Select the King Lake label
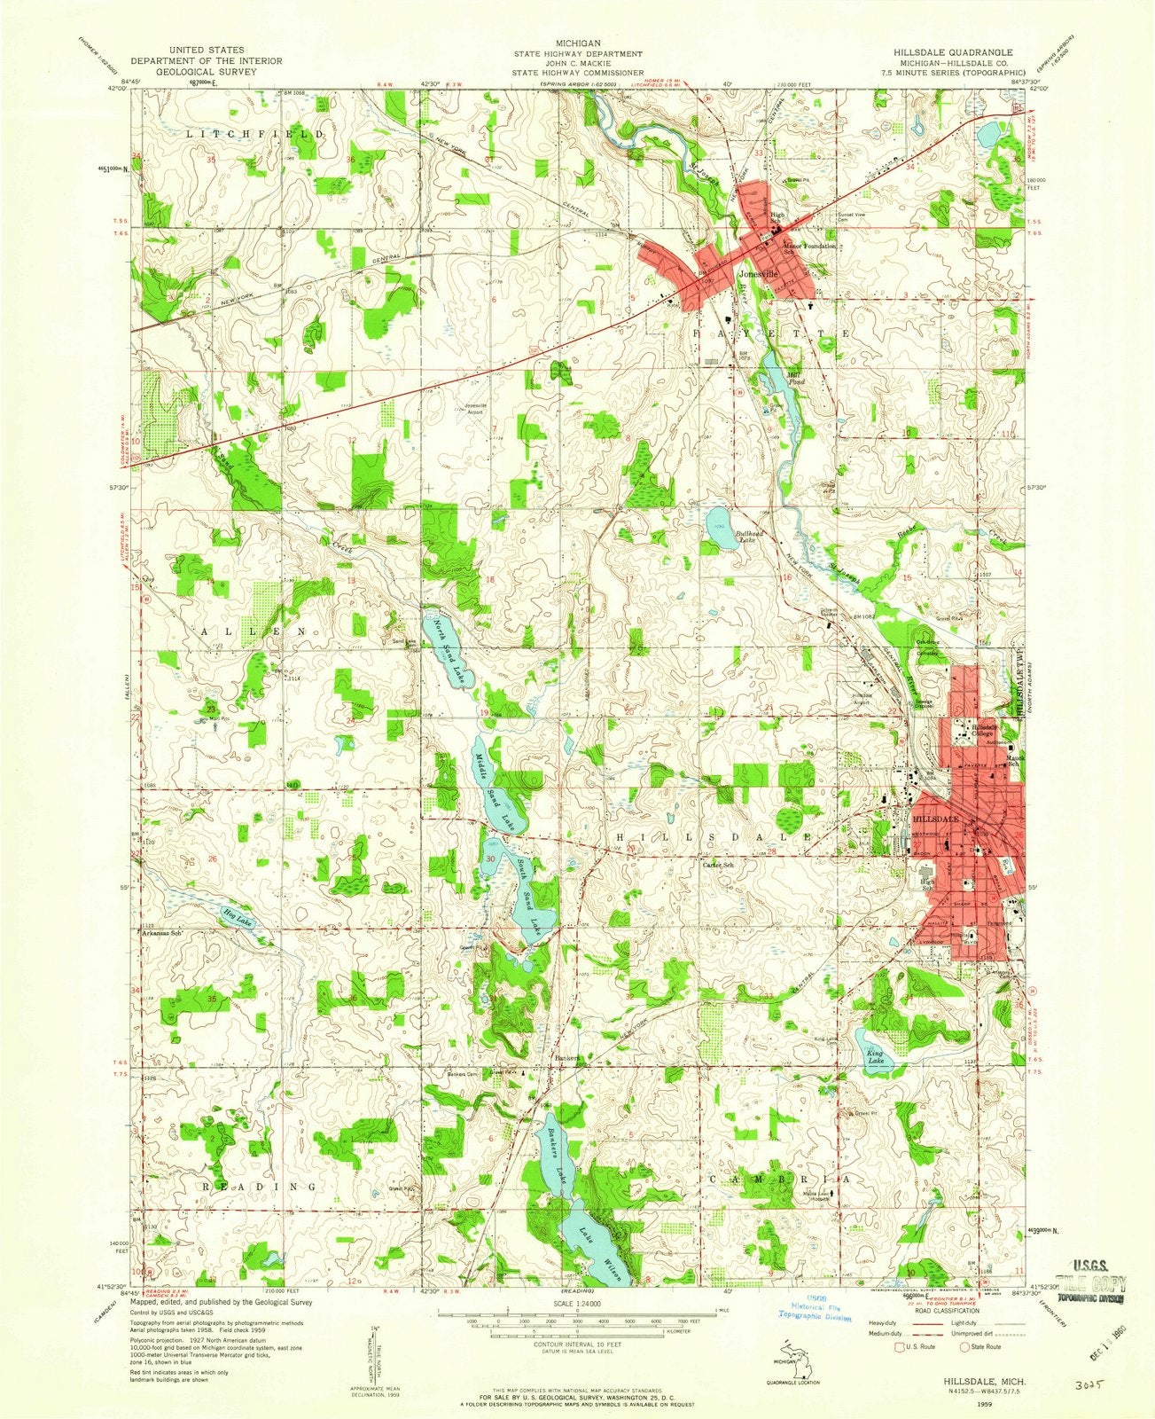point(876,1055)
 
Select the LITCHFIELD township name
point(239,133)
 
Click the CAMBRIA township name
point(780,1180)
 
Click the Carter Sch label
point(718,865)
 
